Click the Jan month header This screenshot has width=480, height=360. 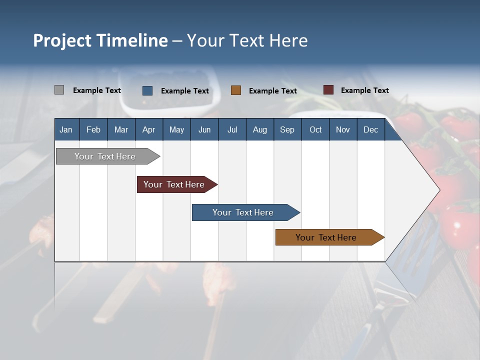(x=66, y=129)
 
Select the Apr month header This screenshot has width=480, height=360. (x=148, y=129)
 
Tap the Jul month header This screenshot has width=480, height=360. (x=232, y=129)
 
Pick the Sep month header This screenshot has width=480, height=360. (x=287, y=129)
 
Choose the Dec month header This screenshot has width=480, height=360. (x=370, y=129)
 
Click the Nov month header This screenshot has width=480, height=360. (x=342, y=129)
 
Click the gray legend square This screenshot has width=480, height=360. (x=59, y=90)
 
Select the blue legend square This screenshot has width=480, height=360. (x=147, y=90)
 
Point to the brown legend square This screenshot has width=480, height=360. (x=236, y=90)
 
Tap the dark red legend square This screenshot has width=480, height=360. (x=328, y=90)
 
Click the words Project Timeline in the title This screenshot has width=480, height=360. (x=100, y=40)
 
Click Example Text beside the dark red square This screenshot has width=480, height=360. (x=364, y=90)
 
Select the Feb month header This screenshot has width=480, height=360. (x=93, y=129)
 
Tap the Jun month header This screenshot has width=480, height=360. (x=204, y=129)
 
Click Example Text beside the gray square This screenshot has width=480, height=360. (x=96, y=90)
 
